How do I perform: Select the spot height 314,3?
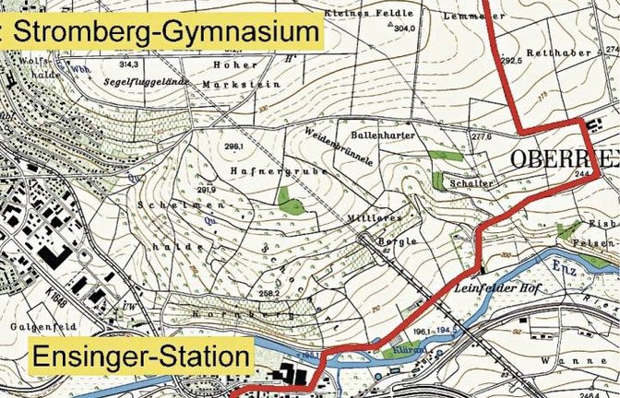coord(128,65)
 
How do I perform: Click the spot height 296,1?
coord(232,146)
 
